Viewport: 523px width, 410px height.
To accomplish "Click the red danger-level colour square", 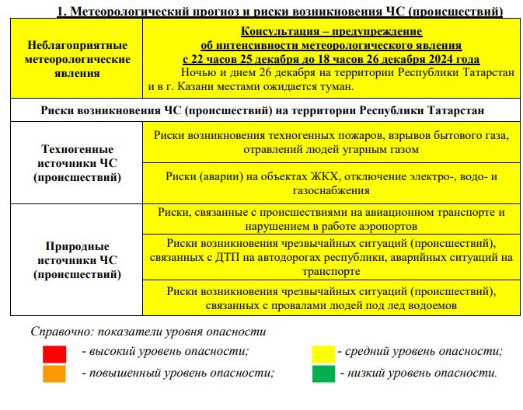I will (x=54, y=353).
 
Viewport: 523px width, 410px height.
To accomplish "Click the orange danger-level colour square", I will (x=54, y=373).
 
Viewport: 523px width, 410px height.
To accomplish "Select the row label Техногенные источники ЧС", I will (x=76, y=163).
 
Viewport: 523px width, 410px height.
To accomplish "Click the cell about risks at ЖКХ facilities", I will (x=331, y=183).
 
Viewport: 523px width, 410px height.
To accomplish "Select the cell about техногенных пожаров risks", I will (x=331, y=142).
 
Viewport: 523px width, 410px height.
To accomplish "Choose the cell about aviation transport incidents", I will (x=331, y=218).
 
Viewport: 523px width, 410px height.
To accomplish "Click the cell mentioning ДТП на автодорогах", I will (x=331, y=257).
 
